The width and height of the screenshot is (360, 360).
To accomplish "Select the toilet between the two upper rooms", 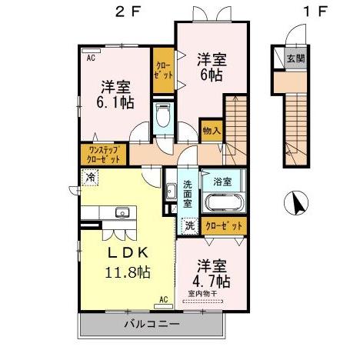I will pos(162,118).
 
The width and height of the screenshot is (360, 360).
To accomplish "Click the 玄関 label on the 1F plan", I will pos(295,57).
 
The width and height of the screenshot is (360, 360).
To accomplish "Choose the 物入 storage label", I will pos(212,131).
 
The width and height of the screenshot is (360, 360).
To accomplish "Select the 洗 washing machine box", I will pos(189,226).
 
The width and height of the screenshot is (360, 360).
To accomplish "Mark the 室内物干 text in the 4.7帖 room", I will pos(202,293).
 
